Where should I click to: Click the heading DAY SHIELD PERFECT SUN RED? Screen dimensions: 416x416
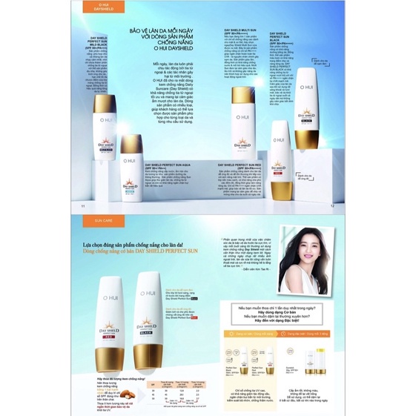[245, 164]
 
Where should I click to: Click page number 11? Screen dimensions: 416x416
[83, 205]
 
